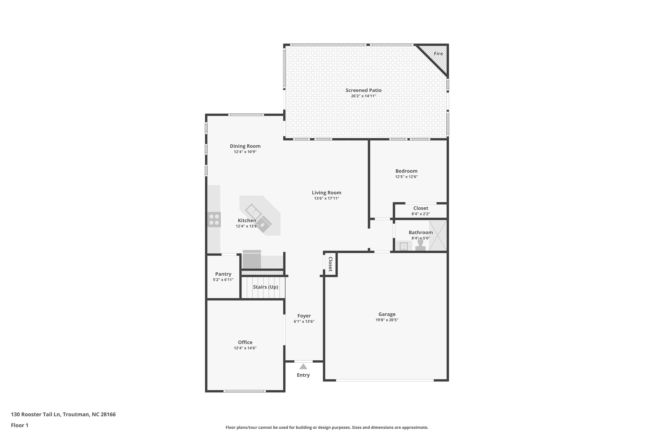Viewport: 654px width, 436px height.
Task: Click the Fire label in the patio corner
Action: pyautogui.click(x=438, y=54)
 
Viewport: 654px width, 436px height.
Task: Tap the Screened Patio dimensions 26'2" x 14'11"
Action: pyautogui.click(x=363, y=96)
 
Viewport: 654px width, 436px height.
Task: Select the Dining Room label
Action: pyautogui.click(x=245, y=146)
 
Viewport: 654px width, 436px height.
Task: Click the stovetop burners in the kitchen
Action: pyautogui.click(x=214, y=219)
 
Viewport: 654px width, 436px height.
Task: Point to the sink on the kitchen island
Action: pyautogui.click(x=253, y=211)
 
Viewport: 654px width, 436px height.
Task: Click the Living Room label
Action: pyautogui.click(x=326, y=193)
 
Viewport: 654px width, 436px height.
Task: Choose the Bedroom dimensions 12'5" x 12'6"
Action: pyautogui.click(x=406, y=177)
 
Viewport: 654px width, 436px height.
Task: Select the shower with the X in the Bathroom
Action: pyautogui.click(x=437, y=235)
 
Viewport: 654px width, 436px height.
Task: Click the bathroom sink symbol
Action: pyautogui.click(x=404, y=246)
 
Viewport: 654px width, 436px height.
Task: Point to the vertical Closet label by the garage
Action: pyautogui.click(x=331, y=264)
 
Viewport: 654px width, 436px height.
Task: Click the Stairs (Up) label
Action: pyautogui.click(x=265, y=287)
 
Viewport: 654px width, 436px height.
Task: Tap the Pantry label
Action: pyautogui.click(x=223, y=274)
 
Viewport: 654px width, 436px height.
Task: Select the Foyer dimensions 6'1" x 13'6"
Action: pyautogui.click(x=304, y=322)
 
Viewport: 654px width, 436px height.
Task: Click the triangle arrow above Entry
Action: pyautogui.click(x=303, y=366)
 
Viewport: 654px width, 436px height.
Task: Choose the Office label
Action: pyautogui.click(x=245, y=342)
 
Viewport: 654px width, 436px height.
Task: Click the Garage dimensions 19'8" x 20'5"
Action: pyautogui.click(x=387, y=320)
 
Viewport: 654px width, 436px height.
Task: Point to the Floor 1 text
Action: pyautogui.click(x=20, y=425)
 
